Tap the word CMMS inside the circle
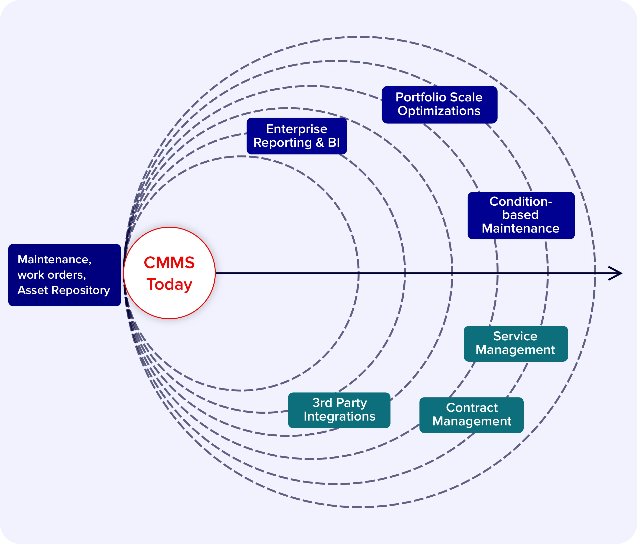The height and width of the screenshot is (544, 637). tap(170, 263)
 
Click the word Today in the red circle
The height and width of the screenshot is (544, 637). tap(170, 284)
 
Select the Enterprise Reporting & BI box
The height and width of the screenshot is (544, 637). tap(297, 136)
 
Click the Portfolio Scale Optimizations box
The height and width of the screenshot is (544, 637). tap(439, 105)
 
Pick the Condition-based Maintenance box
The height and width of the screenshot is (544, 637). tap(521, 215)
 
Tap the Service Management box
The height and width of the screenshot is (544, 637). tap(515, 343)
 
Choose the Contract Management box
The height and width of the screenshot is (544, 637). tap(471, 415)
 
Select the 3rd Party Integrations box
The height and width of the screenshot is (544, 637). tap(339, 410)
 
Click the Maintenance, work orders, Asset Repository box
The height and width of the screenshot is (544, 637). tap(64, 275)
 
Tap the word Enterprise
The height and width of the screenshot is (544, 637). tap(297, 129)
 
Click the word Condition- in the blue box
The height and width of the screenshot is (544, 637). tap(521, 201)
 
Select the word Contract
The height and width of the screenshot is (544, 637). tap(472, 408)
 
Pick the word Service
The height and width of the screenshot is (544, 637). tap(515, 336)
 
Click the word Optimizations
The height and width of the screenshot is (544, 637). tap(439, 111)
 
